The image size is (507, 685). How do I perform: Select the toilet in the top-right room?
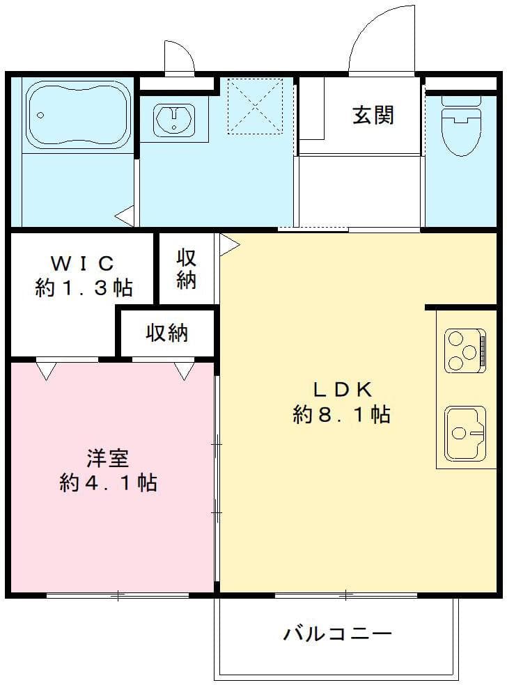[460, 129]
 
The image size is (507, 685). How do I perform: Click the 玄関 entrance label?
[373, 115]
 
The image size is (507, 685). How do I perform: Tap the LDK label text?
[341, 388]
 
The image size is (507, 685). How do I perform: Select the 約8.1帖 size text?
[341, 415]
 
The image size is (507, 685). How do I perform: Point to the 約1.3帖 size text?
[84, 288]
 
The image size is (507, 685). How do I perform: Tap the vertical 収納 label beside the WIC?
[186, 269]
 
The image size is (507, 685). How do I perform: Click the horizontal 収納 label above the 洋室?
[166, 333]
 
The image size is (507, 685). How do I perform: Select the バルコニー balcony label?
[337, 634]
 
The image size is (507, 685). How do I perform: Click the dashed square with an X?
[255, 105]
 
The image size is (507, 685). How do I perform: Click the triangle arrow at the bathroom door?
[125, 216]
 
